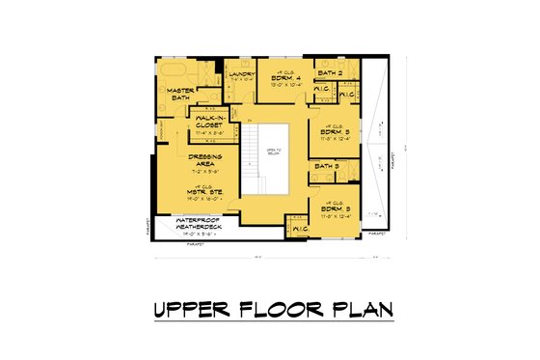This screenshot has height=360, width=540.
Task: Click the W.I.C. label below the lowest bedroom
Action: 299,229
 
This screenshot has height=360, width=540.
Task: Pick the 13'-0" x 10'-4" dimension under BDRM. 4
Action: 286,85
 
